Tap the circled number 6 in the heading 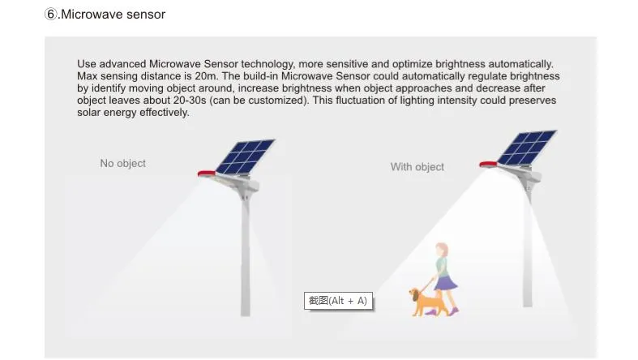point(50,14)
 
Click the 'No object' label point(122,163)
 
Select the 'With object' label point(417,166)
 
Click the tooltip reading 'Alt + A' point(337,301)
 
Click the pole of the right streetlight point(529,259)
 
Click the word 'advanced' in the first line point(123,63)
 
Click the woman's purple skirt point(444,283)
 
